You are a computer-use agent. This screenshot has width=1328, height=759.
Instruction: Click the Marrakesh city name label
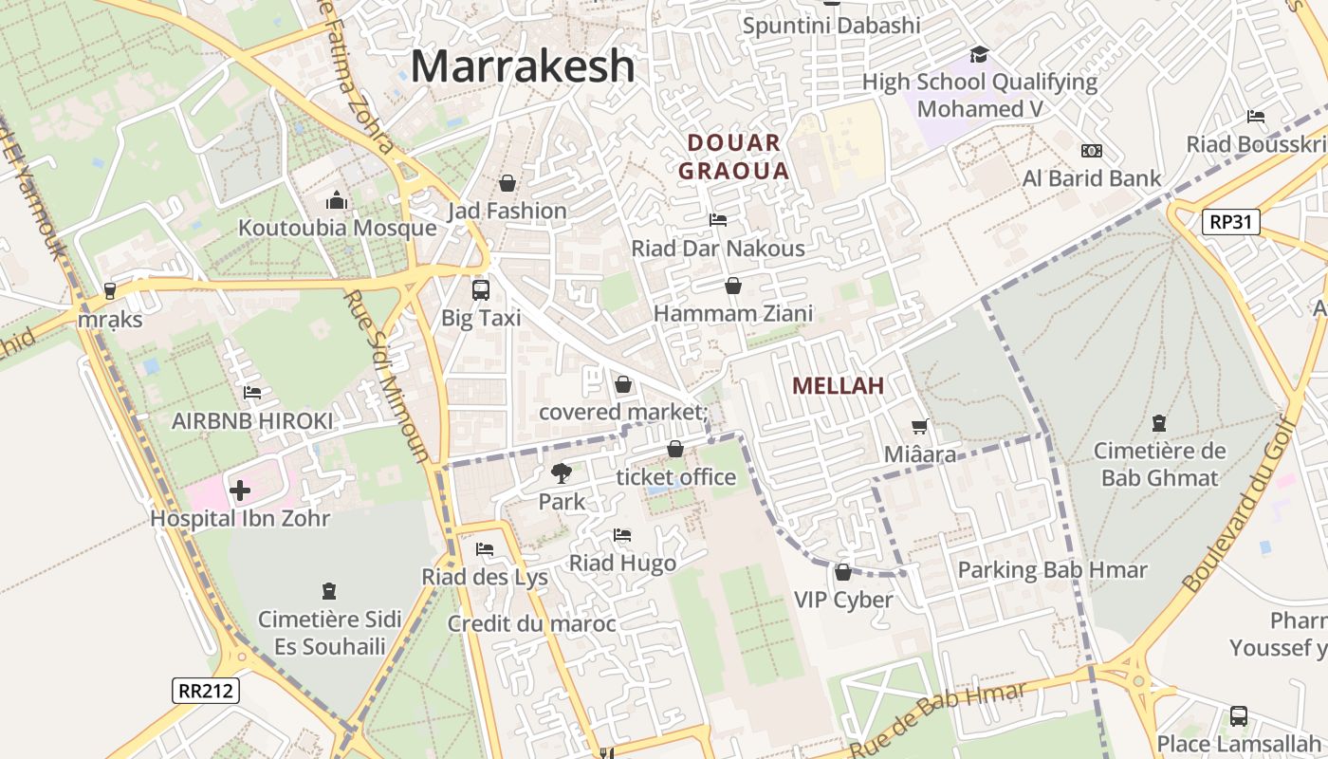coord(523,66)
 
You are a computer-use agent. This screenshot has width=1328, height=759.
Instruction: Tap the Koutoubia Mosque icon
coord(337,200)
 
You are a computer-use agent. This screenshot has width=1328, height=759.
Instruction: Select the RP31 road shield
coord(1231,222)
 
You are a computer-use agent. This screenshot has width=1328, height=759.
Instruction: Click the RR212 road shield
coord(206,690)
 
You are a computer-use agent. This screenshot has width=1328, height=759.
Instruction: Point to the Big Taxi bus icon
coord(481,289)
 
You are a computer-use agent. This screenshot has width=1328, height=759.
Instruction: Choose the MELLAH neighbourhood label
coord(838,385)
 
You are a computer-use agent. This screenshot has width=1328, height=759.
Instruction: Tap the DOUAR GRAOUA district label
coord(734,157)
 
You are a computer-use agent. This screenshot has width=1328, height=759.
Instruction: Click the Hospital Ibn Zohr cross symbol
coord(240,491)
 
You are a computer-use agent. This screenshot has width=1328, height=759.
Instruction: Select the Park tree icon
coord(562,472)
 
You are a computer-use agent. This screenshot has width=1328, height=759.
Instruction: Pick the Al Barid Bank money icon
coord(1092,151)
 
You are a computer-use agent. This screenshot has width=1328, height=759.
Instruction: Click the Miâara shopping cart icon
coord(919,427)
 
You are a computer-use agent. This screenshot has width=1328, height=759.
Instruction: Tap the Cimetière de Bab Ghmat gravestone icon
coord(1158,423)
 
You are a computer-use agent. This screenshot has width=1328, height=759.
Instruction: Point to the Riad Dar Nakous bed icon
coord(718,220)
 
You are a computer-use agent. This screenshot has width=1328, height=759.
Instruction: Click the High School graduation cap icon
coord(979,55)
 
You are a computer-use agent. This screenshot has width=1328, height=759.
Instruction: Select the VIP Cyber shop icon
coord(842,572)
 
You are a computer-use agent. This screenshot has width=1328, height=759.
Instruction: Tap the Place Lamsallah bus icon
coord(1238,715)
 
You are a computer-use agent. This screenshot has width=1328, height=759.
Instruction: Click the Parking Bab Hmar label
coord(1052,570)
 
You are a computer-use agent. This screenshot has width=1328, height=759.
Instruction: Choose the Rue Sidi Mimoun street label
coord(386,375)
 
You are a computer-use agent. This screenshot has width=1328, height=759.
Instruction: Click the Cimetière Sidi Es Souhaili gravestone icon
coord(329,592)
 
